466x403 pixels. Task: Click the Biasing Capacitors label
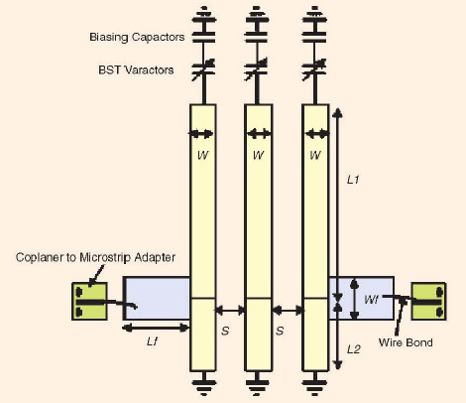(137, 37)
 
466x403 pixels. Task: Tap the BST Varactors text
(136, 69)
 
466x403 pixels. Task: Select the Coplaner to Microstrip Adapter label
(95, 257)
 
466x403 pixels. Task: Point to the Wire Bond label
(406, 342)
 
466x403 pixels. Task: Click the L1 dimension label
(353, 180)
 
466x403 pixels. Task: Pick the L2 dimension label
(354, 349)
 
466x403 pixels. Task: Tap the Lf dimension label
(152, 340)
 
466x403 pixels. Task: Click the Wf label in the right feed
(371, 300)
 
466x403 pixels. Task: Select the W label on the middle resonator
(258, 155)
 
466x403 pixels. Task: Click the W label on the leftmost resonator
(203, 155)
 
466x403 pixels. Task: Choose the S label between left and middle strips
(225, 331)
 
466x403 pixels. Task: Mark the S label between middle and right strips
(280, 331)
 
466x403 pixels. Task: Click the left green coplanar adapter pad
(89, 301)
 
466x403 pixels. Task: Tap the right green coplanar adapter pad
(428, 301)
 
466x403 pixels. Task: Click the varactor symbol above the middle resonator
(258, 69)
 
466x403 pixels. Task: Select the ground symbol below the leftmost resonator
(203, 383)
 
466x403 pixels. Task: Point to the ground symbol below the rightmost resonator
(315, 383)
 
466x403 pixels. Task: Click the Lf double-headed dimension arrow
(156, 328)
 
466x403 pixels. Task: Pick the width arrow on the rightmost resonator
(316, 134)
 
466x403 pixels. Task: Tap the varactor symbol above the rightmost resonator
(315, 69)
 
